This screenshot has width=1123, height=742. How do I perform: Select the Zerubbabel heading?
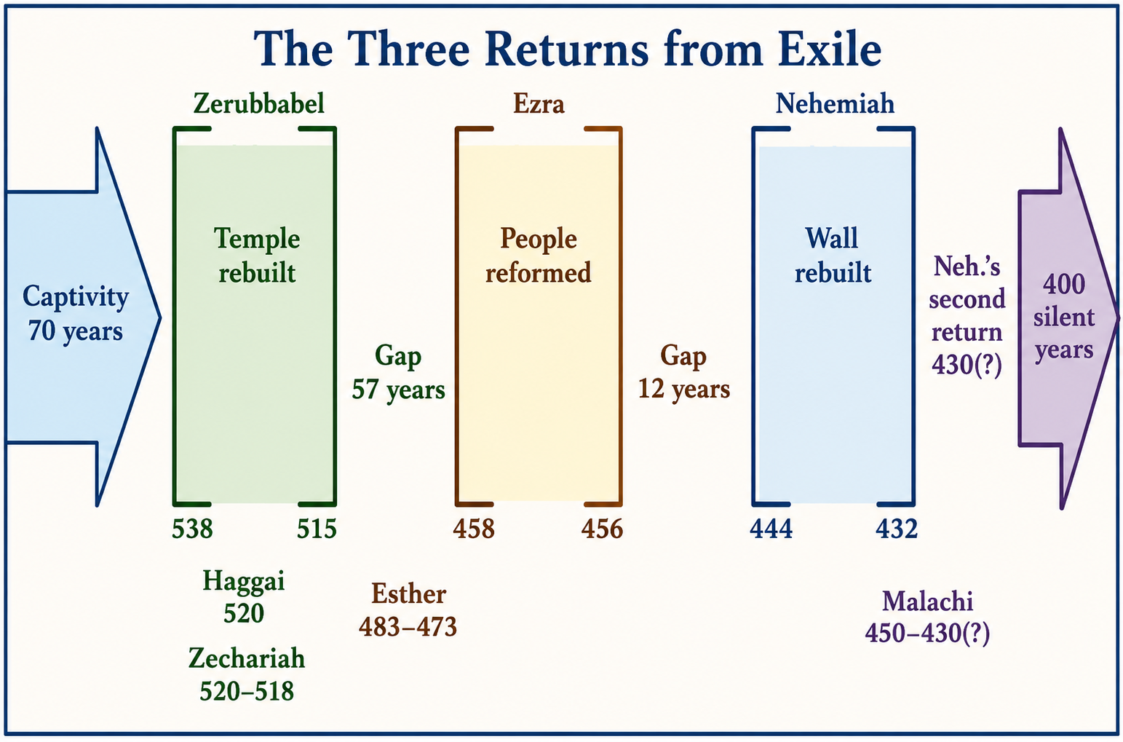pos(258,104)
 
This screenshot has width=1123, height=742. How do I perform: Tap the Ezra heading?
pos(539,104)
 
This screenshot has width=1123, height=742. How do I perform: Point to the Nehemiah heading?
pos(835,104)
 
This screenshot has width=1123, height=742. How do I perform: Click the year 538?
pos(192,529)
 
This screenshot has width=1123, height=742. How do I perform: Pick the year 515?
pos(317,529)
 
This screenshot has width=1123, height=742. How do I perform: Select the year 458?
pos(474,529)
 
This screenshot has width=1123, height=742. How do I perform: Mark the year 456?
pos(602,529)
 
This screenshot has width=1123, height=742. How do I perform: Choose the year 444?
pos(771,529)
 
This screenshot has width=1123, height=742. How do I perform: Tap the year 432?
pos(897,529)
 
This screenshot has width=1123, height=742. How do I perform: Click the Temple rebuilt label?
pos(257,256)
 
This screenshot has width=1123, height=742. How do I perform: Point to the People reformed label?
pos(539,256)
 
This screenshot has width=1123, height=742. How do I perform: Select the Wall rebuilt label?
pos(832,256)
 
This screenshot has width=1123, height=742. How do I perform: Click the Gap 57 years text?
pos(399,372)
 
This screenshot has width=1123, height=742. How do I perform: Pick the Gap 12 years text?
pos(684,372)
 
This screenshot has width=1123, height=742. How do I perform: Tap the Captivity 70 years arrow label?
pos(76,313)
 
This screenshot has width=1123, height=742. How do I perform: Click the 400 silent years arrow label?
pos(1063,317)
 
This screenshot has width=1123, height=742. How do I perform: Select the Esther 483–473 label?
pos(408,610)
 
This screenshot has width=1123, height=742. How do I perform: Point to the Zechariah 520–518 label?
pos(247,674)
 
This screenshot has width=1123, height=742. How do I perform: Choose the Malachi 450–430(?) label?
pos(928,617)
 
